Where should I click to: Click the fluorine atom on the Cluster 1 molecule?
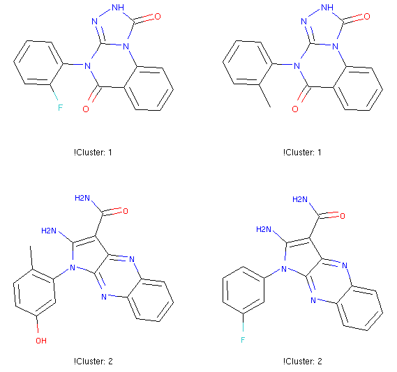coord(60,108)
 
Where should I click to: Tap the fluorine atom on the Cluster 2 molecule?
coord(243,340)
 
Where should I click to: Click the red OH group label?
coord(41,341)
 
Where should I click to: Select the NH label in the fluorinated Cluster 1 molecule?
coord(118,8)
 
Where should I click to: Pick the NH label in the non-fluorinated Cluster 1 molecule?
coord(327,8)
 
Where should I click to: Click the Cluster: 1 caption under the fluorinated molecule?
coord(93,153)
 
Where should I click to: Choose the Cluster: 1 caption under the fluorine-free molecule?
coord(302,153)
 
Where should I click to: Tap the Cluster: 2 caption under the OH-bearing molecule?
coord(93,362)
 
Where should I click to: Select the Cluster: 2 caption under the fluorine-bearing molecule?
coord(303,362)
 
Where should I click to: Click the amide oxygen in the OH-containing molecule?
coord(126,211)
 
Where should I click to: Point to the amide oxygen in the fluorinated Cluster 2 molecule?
coord(343,216)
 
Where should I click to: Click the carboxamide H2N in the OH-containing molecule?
coord(82,198)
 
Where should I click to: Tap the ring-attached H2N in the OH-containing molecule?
coord(49,231)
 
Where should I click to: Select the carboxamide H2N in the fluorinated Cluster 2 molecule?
coord(300,199)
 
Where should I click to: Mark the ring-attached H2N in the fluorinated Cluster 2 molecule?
coord(264,229)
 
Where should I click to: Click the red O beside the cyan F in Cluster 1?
coord(86,109)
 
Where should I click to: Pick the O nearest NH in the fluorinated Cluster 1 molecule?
coord(158,17)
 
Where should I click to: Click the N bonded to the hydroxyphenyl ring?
coord(73,268)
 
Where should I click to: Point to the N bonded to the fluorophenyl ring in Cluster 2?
coord(284,269)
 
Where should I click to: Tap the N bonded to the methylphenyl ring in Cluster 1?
coord(297,66)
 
